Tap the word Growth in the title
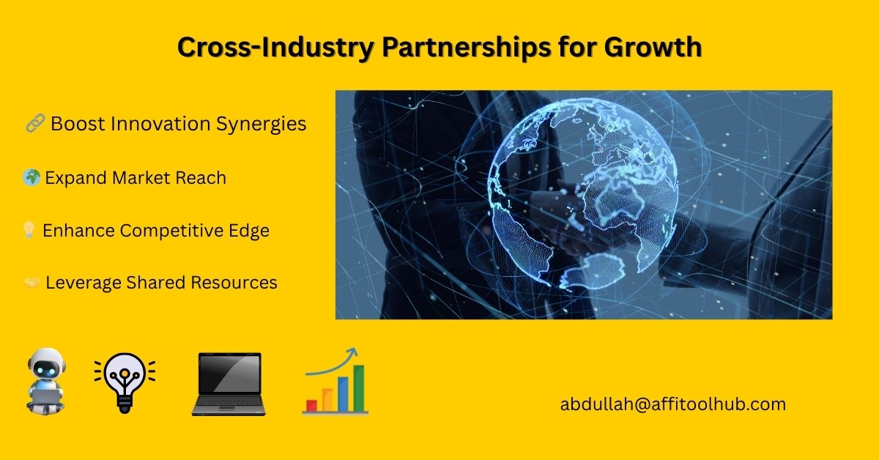[x=653, y=48]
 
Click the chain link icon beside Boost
[x=35, y=123]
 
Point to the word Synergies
[x=262, y=125]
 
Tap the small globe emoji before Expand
[x=31, y=177]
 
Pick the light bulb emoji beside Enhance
[x=29, y=230]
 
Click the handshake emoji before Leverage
[x=31, y=282]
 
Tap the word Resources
[x=234, y=283]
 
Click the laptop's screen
[x=229, y=374]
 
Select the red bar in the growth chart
[x=311, y=406]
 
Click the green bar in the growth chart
[x=359, y=388]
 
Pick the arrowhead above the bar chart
[x=353, y=352]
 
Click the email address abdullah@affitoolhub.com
[x=673, y=404]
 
